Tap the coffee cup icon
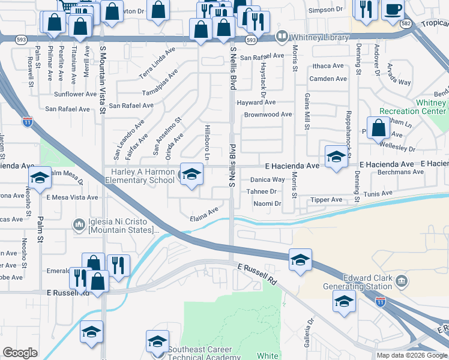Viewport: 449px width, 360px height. pos(393,9)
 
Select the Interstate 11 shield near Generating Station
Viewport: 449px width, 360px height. pos(381,303)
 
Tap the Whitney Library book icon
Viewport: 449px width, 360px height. pos(281,37)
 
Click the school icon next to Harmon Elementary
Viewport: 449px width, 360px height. pos(191,175)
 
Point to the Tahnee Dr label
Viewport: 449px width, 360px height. pos(261,191)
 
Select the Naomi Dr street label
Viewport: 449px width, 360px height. pos(267,204)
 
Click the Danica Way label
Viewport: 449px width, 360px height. pos(267,179)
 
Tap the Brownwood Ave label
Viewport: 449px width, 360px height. pos(268,114)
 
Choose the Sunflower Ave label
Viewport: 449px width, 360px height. pos(75,94)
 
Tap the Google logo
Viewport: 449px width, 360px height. pos(20,353)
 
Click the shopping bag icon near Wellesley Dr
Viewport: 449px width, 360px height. pos(379,128)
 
